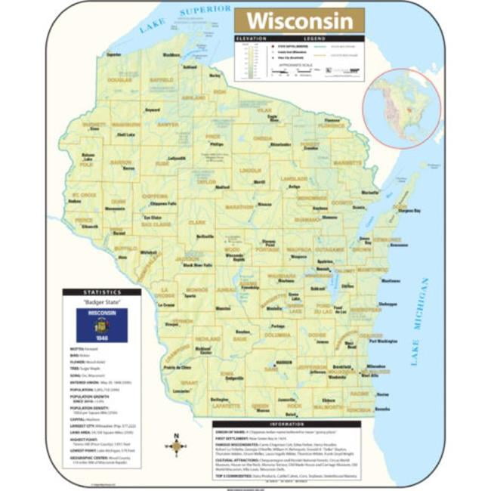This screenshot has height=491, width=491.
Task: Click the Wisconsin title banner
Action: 298,20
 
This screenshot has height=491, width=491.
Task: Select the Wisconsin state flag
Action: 101,326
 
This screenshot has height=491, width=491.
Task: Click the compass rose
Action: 176,446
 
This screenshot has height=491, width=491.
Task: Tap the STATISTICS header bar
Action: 101,292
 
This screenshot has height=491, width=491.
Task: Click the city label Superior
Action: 113,54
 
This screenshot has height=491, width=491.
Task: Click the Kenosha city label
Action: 382,409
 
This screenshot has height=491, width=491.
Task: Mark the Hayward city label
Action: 153,110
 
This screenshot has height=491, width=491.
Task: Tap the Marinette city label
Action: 369,193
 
